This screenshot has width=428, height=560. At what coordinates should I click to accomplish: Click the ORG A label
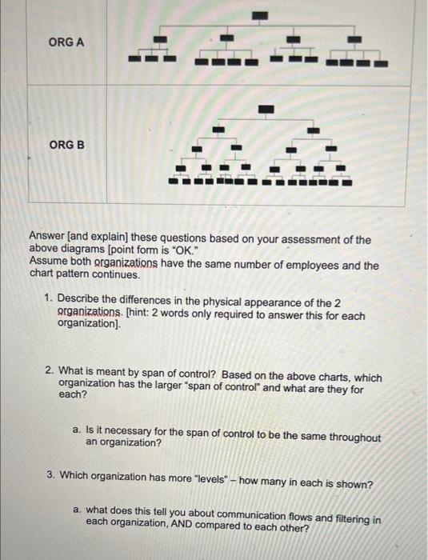pyautogui.click(x=66, y=42)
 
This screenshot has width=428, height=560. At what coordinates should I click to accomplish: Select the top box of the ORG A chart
pyautogui.click(x=260, y=15)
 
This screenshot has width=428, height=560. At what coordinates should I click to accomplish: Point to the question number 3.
pyautogui.click(x=50, y=475)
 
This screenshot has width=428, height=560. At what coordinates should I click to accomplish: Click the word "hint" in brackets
pyautogui.click(x=139, y=316)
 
